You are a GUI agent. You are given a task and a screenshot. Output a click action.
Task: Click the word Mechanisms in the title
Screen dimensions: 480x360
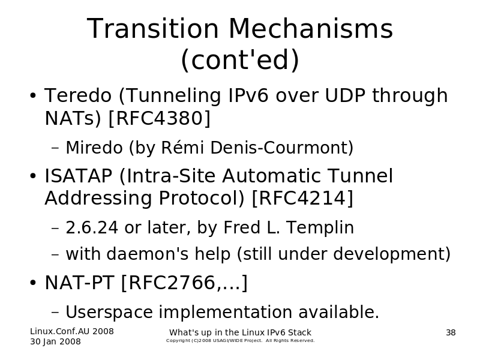[x=310, y=28]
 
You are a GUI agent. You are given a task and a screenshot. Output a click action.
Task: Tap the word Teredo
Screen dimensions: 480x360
[x=78, y=95]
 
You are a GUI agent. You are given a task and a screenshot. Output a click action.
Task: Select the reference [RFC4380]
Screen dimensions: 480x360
[x=160, y=118]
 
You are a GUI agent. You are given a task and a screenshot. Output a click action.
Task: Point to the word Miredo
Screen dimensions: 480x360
[x=94, y=148]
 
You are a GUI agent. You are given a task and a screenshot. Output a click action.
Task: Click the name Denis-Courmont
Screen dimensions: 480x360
[x=281, y=148]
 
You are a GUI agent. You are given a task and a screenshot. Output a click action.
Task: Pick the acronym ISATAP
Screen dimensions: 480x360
[x=79, y=176]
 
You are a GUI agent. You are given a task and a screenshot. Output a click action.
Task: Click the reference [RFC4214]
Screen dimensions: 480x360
[x=302, y=198]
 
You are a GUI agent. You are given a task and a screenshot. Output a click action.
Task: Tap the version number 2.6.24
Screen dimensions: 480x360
[x=92, y=227]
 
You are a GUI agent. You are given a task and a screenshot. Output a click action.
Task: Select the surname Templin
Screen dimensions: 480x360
[x=320, y=228]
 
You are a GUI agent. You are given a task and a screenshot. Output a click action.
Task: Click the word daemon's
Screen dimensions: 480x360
[x=147, y=254]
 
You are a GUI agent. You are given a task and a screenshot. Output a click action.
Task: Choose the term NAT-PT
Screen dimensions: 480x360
[x=80, y=283]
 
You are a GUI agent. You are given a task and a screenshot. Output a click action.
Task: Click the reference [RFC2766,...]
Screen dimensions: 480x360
[x=184, y=283]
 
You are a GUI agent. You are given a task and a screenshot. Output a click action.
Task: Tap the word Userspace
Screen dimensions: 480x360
[x=109, y=312]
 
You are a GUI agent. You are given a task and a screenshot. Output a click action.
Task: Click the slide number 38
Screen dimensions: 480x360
[x=451, y=332]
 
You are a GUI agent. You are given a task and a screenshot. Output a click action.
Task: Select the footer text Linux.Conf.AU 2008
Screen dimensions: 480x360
[x=72, y=331]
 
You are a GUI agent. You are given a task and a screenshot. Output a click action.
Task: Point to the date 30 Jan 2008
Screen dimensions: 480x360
[x=55, y=341]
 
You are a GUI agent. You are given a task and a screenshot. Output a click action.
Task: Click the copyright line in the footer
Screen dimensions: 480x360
[x=241, y=340]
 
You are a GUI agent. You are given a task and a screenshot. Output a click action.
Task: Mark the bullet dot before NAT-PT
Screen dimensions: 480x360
[x=33, y=283]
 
